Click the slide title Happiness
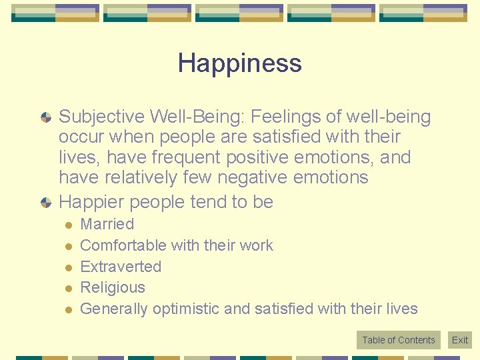coord(239,63)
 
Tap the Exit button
coord(460,340)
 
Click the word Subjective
coord(101,117)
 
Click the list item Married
coord(107,224)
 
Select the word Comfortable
coord(123,245)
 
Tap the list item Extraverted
coord(121,267)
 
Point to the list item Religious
coord(112,287)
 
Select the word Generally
coord(114,309)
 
